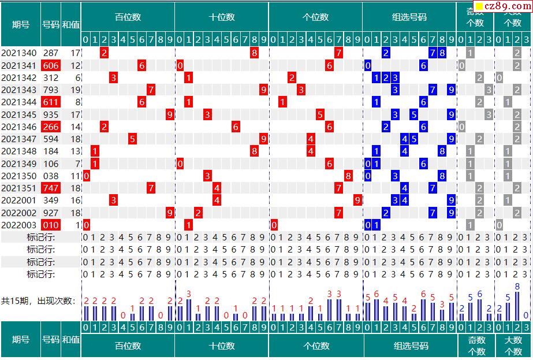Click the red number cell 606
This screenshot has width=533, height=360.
click(x=51, y=65)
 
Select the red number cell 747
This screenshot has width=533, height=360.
click(x=51, y=188)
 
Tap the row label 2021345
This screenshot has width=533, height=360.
click(x=19, y=114)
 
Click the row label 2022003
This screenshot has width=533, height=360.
click(x=19, y=225)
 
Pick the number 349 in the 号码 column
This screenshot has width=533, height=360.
click(x=51, y=200)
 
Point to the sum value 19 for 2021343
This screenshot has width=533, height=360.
click(x=75, y=90)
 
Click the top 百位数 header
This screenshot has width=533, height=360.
click(x=128, y=17)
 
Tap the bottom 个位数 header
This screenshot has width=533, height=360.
click(x=316, y=346)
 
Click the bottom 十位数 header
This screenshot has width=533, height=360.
click(x=222, y=346)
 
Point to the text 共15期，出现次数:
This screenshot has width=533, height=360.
click(x=38, y=300)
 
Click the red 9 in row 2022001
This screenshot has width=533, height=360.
click(x=357, y=200)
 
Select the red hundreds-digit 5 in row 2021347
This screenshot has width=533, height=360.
click(x=132, y=139)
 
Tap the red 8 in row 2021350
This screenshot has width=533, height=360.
click(x=348, y=176)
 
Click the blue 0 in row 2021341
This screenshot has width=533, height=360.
click(x=368, y=65)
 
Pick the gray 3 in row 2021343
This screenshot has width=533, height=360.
click(x=489, y=90)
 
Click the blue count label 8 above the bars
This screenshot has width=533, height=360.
click(x=517, y=287)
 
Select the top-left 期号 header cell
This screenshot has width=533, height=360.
click(x=21, y=24)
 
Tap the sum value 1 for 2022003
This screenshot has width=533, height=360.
click(x=77, y=225)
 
